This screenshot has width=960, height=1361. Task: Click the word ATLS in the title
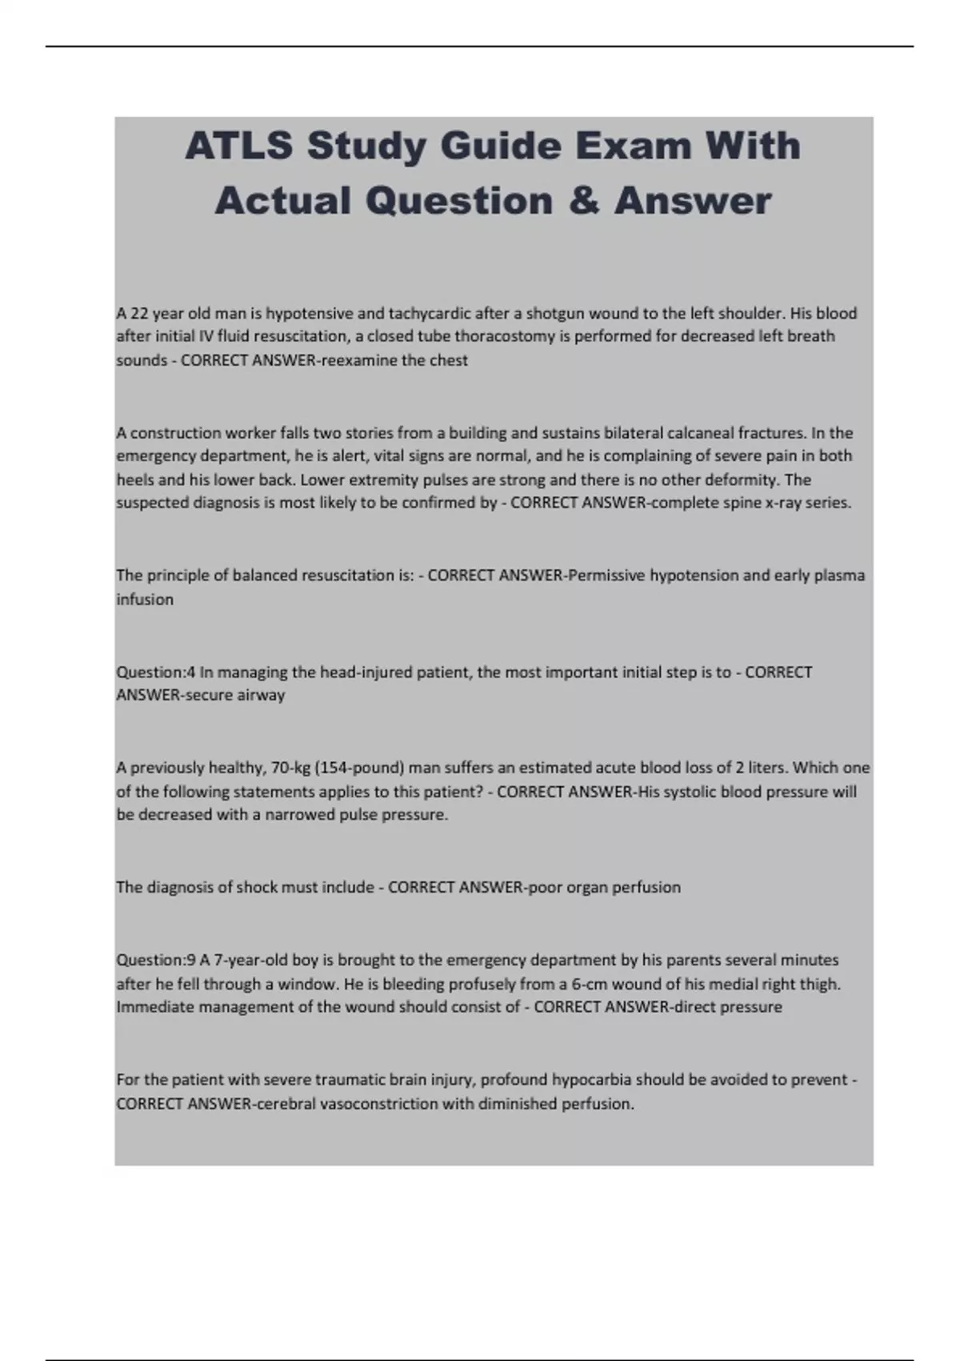(x=238, y=147)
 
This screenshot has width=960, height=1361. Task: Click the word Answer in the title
(x=693, y=200)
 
